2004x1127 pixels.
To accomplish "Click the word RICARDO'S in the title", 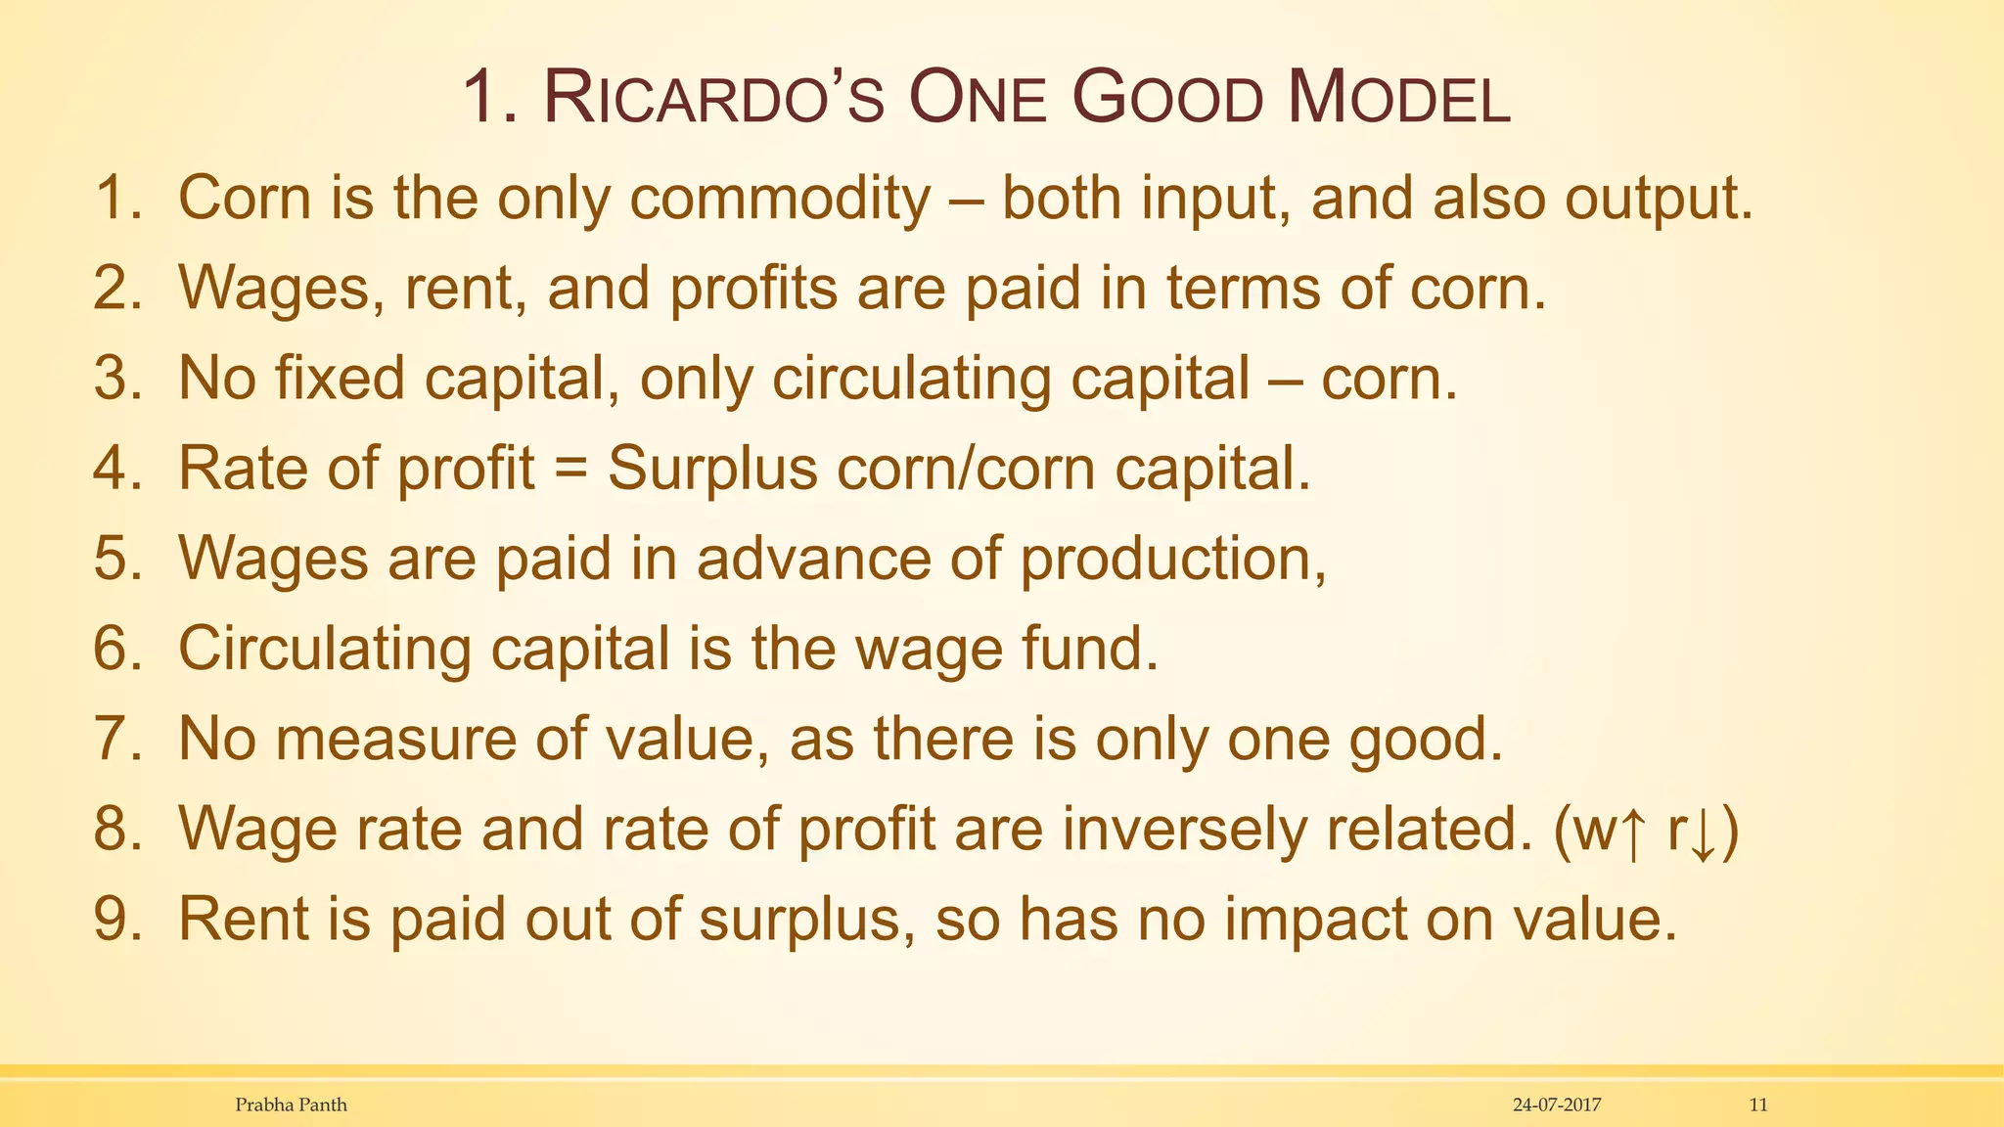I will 713,100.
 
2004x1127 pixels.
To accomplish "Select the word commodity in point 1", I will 780,199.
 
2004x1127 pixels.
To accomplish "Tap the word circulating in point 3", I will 910,379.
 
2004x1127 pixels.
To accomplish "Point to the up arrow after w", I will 1630,831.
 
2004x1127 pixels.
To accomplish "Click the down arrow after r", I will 1702,831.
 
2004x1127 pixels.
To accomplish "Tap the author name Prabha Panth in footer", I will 291,1104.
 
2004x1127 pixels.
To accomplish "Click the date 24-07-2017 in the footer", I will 1557,1104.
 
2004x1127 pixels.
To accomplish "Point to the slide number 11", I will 1758,1104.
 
